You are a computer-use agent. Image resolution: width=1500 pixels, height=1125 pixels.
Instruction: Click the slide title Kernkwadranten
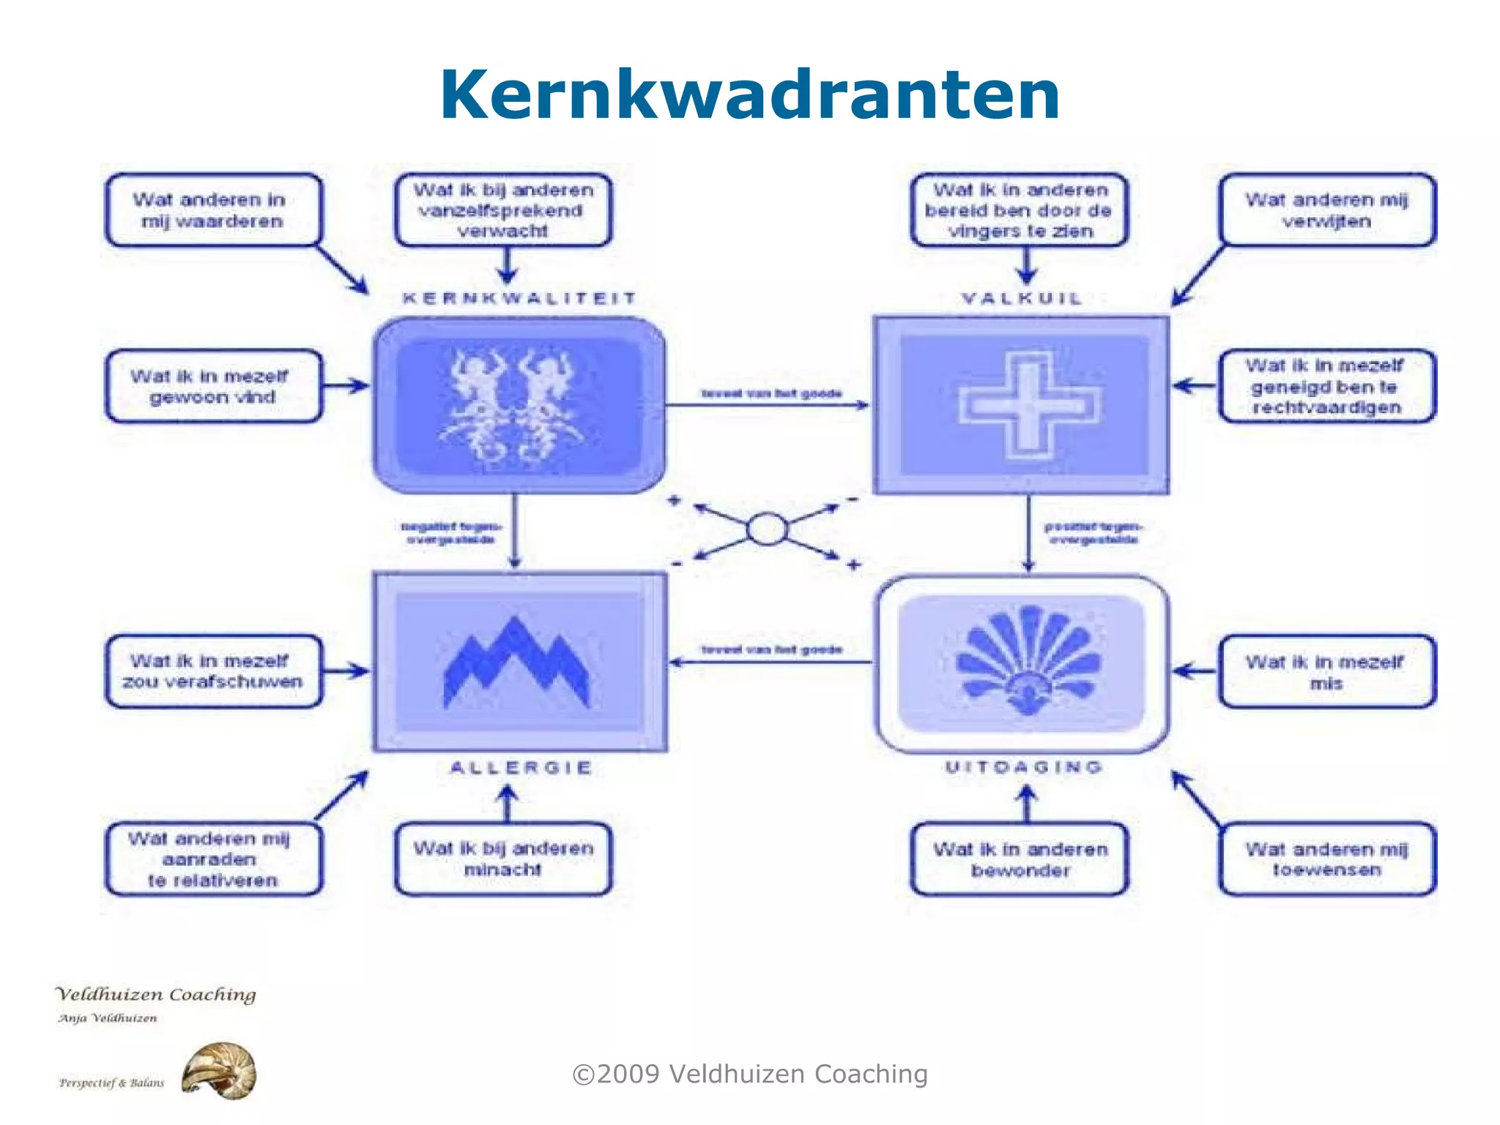pyautogui.click(x=750, y=95)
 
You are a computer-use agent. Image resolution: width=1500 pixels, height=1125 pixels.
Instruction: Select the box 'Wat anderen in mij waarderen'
pyautogui.click(x=213, y=210)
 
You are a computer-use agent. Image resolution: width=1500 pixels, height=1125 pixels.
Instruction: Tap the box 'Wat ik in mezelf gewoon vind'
pyautogui.click(x=213, y=386)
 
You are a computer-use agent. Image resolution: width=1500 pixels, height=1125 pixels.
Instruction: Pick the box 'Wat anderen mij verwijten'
pyautogui.click(x=1326, y=210)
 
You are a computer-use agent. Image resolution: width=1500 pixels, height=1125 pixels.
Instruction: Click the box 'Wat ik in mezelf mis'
pyautogui.click(x=1326, y=672)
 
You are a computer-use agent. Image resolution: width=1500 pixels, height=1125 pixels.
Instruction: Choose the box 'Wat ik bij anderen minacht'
pyautogui.click(x=503, y=858)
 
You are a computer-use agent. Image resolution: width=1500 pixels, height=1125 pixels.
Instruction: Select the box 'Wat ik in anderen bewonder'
pyautogui.click(x=1020, y=859)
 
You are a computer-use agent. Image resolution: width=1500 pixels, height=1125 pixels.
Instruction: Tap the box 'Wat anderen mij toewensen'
pyautogui.click(x=1326, y=859)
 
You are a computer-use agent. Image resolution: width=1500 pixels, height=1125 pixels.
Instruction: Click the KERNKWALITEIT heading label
pyautogui.click(x=519, y=298)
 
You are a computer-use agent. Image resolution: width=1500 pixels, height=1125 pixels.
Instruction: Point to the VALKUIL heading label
pyautogui.click(x=1022, y=298)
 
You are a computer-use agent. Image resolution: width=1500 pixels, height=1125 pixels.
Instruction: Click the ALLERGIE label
pyautogui.click(x=521, y=768)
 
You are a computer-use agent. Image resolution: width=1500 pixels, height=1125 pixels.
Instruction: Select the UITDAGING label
pyautogui.click(x=1023, y=767)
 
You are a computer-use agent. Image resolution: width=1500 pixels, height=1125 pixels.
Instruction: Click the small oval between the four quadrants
pyautogui.click(x=767, y=529)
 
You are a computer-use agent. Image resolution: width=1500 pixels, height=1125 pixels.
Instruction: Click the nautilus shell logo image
pyautogui.click(x=219, y=1071)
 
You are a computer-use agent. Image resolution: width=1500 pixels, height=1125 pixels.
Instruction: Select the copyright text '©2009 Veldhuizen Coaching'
pyautogui.click(x=750, y=1074)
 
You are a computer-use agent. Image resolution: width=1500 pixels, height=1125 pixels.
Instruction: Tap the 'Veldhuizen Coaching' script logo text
pyautogui.click(x=156, y=995)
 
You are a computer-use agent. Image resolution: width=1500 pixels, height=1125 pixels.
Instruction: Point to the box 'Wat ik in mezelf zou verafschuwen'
pyautogui.click(x=213, y=671)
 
